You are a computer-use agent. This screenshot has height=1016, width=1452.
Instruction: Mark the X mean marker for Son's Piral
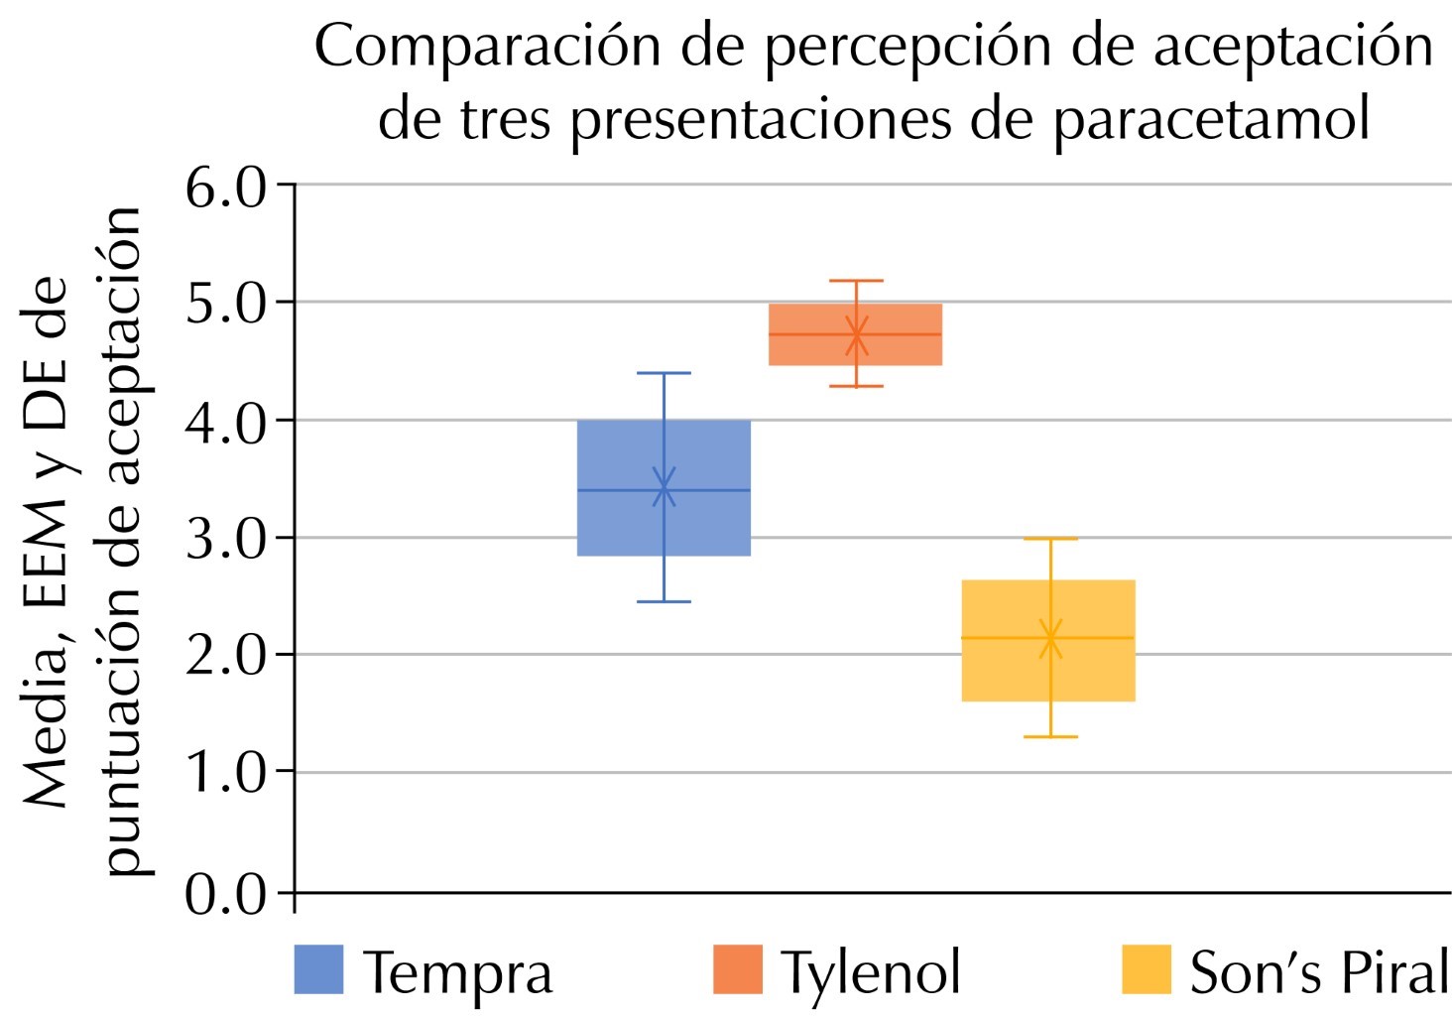[1050, 638]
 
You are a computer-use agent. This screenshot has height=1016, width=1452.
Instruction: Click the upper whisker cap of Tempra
[664, 373]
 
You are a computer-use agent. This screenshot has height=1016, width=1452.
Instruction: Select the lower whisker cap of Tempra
[664, 601]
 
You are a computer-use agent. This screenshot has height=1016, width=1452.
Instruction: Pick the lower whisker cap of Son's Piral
[1050, 736]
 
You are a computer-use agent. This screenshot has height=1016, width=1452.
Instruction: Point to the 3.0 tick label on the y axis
[226, 538]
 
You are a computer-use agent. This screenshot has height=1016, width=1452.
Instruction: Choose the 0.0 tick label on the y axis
[226, 894]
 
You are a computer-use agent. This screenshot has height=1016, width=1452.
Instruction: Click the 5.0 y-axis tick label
[226, 304]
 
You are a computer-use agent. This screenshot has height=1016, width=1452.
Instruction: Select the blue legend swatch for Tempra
[318, 969]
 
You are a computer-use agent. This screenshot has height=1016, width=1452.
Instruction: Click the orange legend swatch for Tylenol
[738, 969]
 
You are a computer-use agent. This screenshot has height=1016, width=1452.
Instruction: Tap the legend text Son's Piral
[1318, 972]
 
